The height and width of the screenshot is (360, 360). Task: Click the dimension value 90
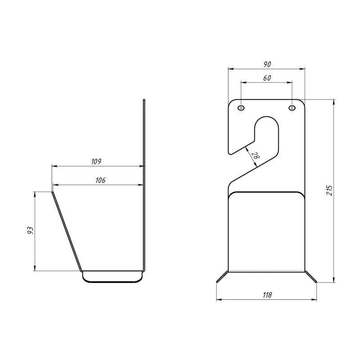point(267,64)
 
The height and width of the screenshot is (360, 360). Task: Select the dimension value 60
point(267,78)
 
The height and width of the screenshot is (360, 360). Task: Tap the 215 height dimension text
point(329,190)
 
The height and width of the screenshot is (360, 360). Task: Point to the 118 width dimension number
point(267,295)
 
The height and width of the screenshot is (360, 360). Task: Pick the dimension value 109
point(96,162)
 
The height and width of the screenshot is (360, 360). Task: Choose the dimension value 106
point(100,180)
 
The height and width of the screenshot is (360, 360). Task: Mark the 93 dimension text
point(30,230)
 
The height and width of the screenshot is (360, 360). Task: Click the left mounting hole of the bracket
point(241,108)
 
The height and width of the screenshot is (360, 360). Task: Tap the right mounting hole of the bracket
point(292,108)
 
